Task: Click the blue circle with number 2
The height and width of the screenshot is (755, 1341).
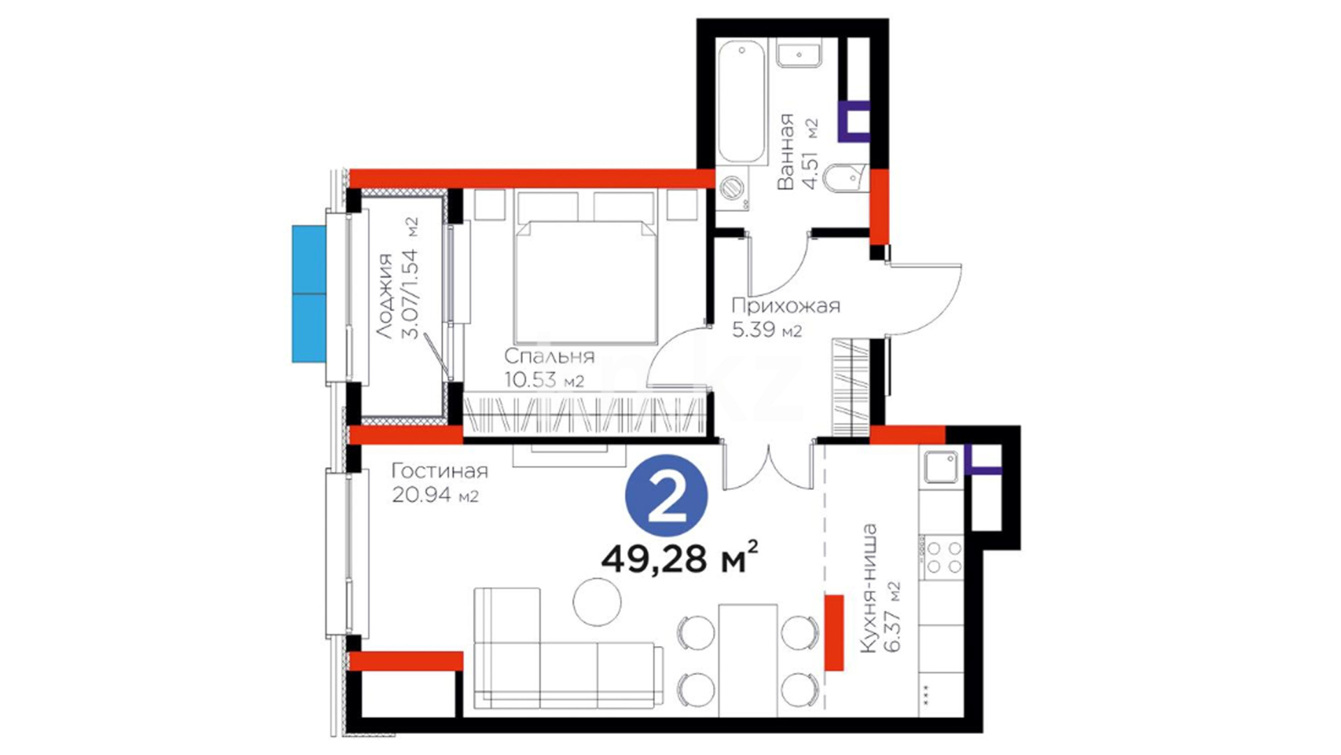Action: [666, 497]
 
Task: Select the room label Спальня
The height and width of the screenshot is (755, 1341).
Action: [549, 357]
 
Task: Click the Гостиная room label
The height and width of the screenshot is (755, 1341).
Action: [439, 470]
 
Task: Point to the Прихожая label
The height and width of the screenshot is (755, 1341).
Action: [786, 305]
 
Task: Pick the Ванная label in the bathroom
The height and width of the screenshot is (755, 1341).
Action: [786, 151]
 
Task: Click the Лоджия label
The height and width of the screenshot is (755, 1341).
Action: [386, 297]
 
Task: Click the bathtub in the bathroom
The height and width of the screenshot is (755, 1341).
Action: [742, 102]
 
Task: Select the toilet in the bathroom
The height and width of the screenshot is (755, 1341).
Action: [844, 180]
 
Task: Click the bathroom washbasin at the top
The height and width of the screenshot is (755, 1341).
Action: [798, 53]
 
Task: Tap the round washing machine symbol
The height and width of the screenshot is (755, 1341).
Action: [733, 187]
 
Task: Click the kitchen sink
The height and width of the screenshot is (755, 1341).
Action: [941, 466]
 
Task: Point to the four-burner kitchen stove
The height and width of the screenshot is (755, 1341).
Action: [943, 556]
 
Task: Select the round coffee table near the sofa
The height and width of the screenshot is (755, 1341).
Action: [597, 602]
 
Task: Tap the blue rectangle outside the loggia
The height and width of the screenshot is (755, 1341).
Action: [309, 294]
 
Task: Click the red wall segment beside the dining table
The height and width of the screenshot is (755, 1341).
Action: [834, 633]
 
